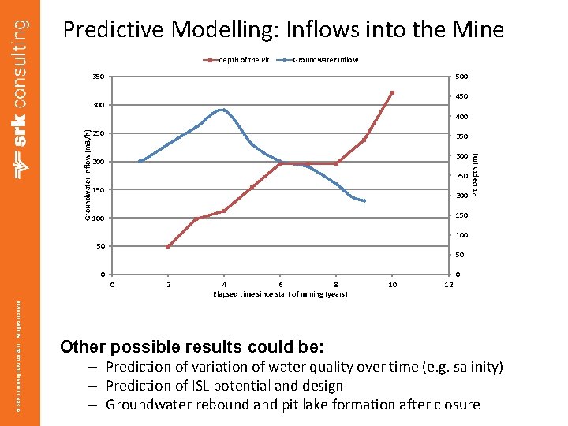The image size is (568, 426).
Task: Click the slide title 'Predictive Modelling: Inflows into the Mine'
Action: click(x=282, y=30)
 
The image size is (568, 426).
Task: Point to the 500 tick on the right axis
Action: click(x=461, y=77)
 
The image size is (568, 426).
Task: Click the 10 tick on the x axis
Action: click(x=393, y=284)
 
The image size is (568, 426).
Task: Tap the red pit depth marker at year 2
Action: click(x=168, y=246)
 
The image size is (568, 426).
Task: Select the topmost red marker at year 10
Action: click(x=392, y=93)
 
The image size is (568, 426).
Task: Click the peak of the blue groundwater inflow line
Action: click(x=224, y=110)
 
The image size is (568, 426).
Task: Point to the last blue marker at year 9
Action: click(x=364, y=200)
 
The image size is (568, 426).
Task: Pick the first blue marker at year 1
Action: click(x=140, y=161)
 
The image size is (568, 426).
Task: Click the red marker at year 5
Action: click(x=252, y=188)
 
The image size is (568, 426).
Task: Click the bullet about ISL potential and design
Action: click(x=224, y=386)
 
